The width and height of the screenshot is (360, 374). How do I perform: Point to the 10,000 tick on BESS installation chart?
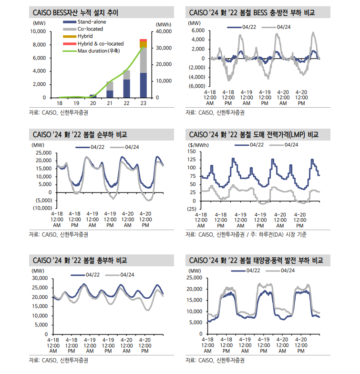coord(38,31)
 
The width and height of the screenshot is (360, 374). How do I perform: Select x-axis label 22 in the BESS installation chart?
coord(126,103)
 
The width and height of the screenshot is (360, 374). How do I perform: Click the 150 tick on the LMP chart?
coord(192,152)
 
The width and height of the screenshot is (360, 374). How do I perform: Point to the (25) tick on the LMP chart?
coord(191,209)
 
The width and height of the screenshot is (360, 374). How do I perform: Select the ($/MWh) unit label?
coord(197,144)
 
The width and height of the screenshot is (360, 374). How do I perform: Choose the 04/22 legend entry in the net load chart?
coord(97,147)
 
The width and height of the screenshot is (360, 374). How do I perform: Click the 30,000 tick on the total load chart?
coord(38,278)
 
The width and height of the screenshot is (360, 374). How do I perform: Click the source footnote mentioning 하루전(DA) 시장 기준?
coord(246,234)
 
